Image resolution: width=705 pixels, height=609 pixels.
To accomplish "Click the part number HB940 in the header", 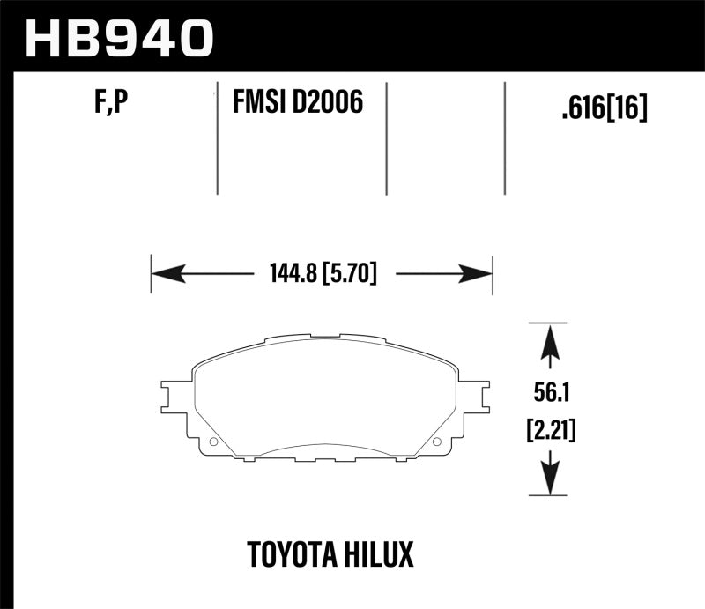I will (119, 38).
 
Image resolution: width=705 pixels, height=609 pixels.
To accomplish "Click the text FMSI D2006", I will (297, 105).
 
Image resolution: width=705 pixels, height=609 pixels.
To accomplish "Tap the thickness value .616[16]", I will (604, 108).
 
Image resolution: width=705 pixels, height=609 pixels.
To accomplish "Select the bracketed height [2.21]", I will (550, 431).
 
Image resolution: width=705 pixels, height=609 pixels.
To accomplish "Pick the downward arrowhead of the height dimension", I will (549, 481).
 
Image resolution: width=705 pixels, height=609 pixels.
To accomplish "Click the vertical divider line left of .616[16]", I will (504, 139).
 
